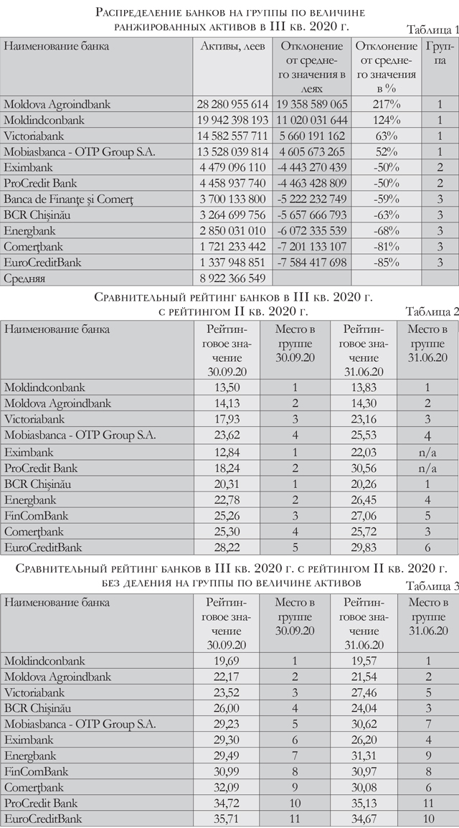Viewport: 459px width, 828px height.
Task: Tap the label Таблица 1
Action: (x=432, y=29)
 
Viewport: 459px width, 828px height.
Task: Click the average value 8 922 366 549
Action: (x=230, y=278)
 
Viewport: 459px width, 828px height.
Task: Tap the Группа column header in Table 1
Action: (x=438, y=52)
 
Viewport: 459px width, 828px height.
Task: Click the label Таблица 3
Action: (x=432, y=585)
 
